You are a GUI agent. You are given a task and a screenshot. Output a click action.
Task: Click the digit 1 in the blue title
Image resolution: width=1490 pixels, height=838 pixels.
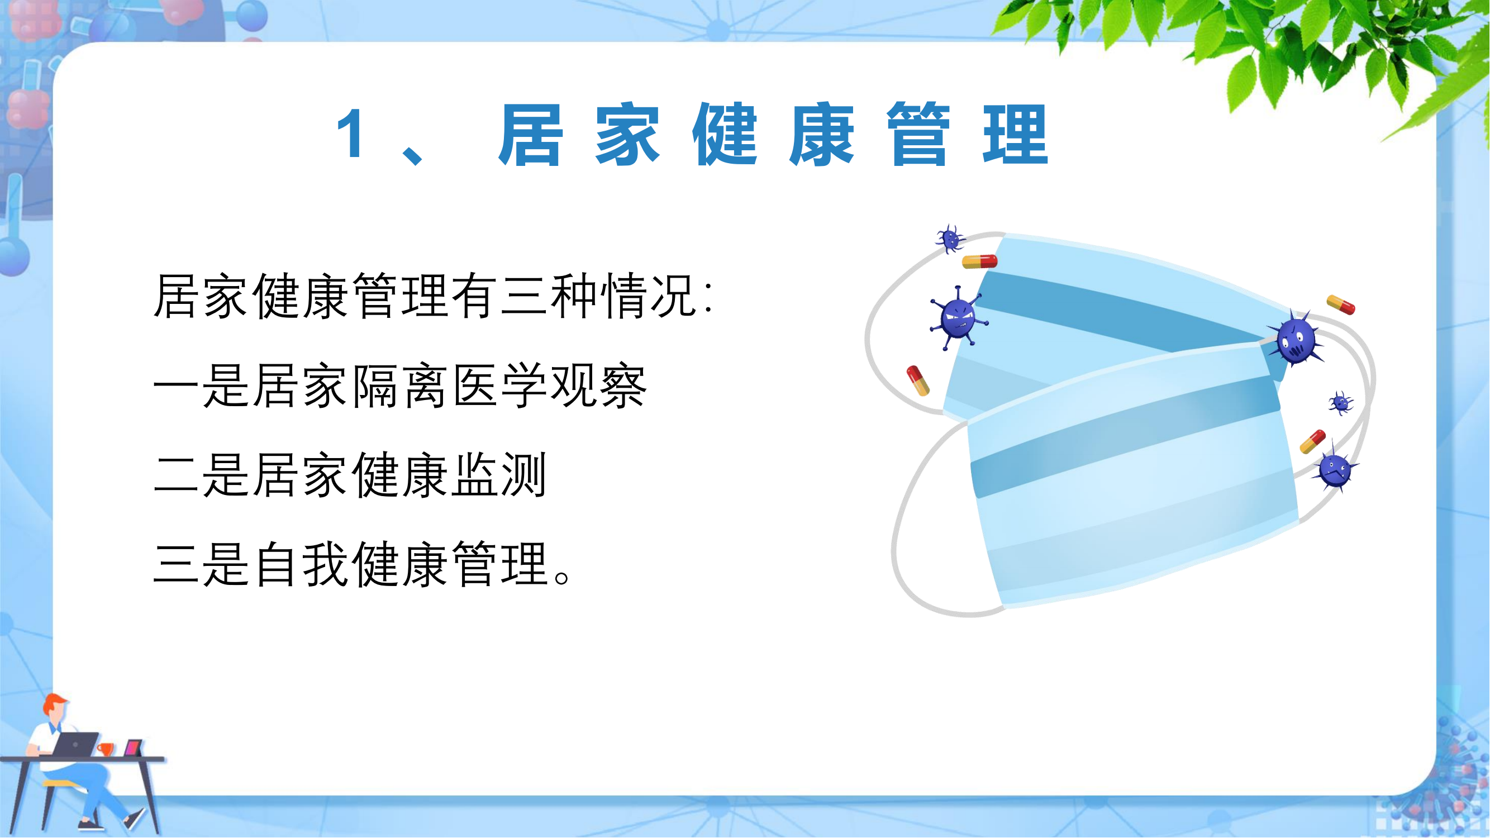pyautogui.click(x=351, y=134)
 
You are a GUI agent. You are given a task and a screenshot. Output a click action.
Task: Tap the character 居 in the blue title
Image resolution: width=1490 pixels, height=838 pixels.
pyautogui.click(x=530, y=134)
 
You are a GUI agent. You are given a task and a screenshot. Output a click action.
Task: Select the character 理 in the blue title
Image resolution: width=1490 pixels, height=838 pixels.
pyautogui.click(x=1016, y=134)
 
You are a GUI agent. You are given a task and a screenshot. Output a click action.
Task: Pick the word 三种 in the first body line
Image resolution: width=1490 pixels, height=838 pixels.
pyautogui.click(x=550, y=296)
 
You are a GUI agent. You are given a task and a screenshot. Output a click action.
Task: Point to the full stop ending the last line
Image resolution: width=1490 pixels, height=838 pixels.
pyautogui.click(x=563, y=578)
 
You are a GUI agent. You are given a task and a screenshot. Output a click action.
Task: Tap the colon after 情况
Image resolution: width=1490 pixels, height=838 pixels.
pyautogui.click(x=709, y=296)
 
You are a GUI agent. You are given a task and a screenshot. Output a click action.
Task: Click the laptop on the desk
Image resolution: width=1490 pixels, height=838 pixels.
pyautogui.click(x=75, y=744)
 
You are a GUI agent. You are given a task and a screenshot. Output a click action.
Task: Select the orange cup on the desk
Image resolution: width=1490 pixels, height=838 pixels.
pyautogui.click(x=105, y=750)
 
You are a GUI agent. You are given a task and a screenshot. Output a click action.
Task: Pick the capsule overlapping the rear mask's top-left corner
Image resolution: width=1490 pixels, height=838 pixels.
pyautogui.click(x=980, y=261)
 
